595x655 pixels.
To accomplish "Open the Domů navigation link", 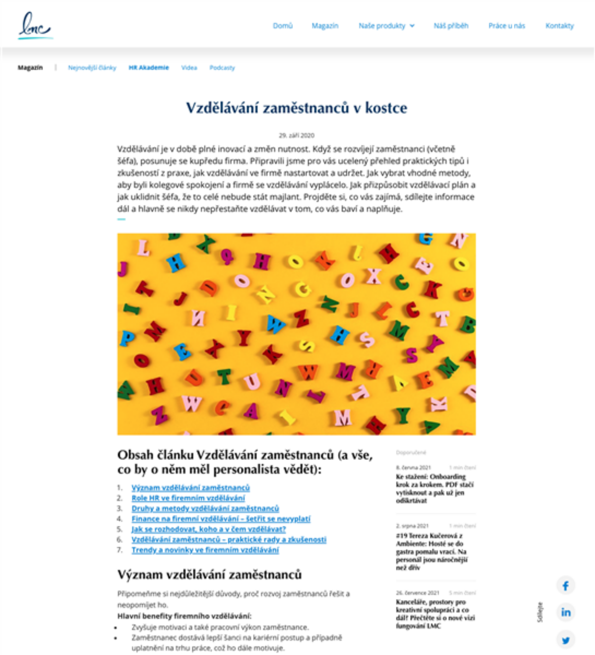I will tap(282, 26).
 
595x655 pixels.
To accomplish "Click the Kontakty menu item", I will tap(559, 26).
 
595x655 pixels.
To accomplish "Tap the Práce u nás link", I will tap(507, 26).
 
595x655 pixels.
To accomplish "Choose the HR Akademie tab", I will tap(148, 68).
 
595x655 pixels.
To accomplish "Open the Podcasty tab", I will tap(222, 68).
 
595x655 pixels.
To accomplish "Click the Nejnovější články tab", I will tap(92, 68).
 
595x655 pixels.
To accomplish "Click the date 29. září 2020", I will tap(296, 135).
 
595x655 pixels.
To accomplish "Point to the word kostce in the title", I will tap(386, 108).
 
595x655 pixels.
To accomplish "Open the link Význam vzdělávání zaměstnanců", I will tap(190, 487).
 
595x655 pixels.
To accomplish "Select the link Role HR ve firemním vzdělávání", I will tap(188, 498).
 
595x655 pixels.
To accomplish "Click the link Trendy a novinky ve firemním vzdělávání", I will tap(205, 550).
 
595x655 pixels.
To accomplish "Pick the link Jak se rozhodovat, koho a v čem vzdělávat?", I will tap(209, 529).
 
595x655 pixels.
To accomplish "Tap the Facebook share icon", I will tap(566, 586).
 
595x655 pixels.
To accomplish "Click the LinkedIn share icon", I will tap(566, 612).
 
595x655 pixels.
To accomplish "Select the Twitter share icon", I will tap(566, 640).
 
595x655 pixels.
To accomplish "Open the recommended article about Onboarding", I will tap(434, 488).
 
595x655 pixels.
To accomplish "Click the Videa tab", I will tap(189, 68).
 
